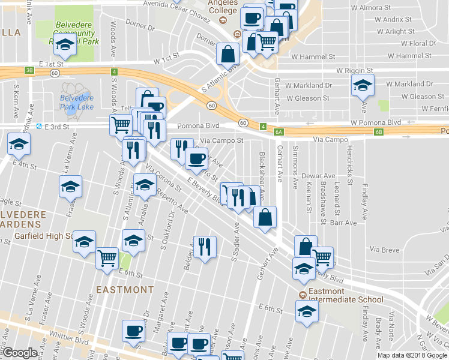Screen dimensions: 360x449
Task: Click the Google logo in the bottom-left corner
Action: [x=20, y=353]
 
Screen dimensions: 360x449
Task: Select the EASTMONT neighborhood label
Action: [x=125, y=289]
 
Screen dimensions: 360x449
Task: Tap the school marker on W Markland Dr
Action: [x=363, y=86]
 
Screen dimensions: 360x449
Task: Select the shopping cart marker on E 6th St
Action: [x=107, y=258]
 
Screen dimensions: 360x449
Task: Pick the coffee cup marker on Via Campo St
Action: [x=197, y=159]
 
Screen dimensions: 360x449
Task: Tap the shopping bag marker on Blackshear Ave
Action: [x=265, y=217]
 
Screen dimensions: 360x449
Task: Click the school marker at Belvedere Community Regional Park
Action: [x=64, y=44]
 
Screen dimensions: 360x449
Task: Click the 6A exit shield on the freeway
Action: [x=278, y=131]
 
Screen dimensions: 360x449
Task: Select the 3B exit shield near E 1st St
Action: [x=29, y=70]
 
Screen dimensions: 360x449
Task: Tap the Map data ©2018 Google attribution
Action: [x=412, y=355]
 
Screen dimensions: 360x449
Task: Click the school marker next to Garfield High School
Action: [x=85, y=242]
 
